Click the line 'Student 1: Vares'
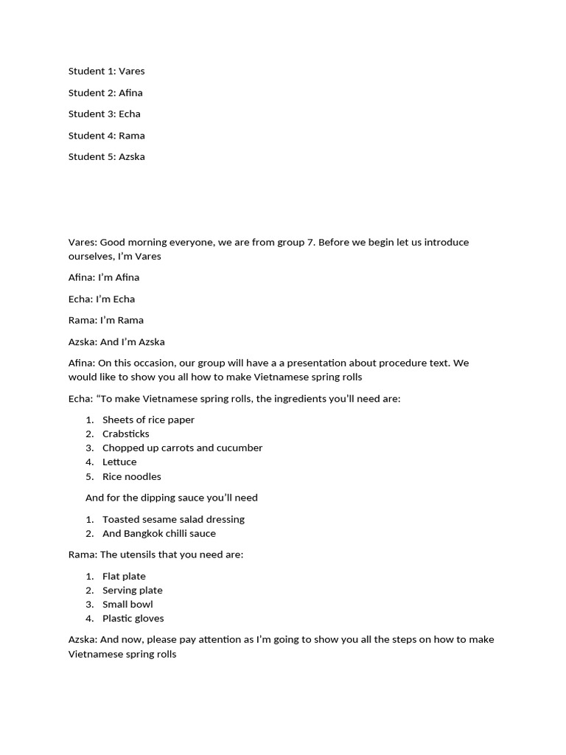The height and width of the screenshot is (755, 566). [x=106, y=72]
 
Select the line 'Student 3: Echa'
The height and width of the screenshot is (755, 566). [x=104, y=114]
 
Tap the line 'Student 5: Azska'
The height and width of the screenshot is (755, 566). [x=106, y=157]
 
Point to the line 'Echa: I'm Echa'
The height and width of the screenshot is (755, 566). [x=102, y=299]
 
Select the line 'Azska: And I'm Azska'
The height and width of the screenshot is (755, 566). [x=116, y=342]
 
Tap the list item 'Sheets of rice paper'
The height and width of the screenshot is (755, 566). [x=148, y=420]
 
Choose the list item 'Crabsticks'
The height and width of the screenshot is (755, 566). [x=125, y=434]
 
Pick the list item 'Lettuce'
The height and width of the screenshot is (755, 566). [x=119, y=462]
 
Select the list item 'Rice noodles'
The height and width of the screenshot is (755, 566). [x=131, y=477]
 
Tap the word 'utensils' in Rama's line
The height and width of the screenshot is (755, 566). [x=140, y=554]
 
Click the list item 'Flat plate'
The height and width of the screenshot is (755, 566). [x=124, y=577]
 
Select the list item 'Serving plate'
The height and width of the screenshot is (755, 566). [x=132, y=591]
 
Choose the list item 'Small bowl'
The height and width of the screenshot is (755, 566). [x=127, y=605]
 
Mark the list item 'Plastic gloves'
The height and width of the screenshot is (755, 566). [x=133, y=619]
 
